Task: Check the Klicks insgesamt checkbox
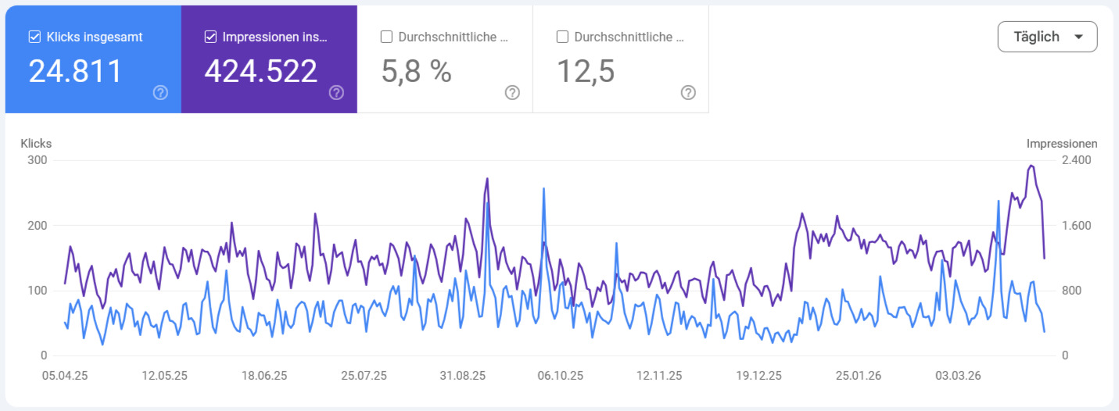(x=34, y=37)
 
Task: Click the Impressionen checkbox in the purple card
(x=210, y=37)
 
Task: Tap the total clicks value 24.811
(x=76, y=71)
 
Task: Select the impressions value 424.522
(x=261, y=71)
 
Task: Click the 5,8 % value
(x=417, y=71)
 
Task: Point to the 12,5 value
(x=586, y=71)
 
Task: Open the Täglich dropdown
(x=1047, y=37)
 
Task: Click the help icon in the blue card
(x=160, y=93)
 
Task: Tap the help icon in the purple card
(x=336, y=93)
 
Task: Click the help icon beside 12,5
(x=688, y=93)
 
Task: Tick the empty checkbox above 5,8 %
(x=386, y=37)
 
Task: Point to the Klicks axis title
(x=36, y=144)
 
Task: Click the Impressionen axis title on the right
(x=1061, y=144)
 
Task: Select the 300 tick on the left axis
(x=37, y=160)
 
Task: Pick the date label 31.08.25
(x=462, y=376)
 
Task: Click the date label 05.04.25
(x=64, y=376)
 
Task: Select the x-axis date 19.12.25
(x=759, y=376)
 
